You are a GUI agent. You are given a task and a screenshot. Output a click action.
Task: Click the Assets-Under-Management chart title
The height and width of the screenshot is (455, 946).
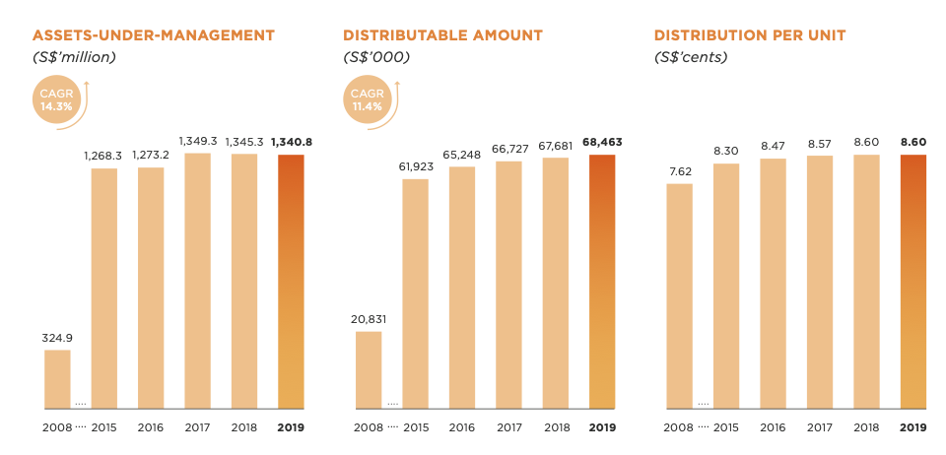click(154, 35)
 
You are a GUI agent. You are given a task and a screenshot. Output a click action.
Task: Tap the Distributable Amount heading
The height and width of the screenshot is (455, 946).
click(442, 35)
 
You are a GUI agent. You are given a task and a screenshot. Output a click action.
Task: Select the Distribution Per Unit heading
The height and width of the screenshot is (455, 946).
click(750, 35)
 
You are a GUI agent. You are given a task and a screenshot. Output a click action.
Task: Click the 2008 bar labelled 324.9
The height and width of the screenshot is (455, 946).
click(57, 379)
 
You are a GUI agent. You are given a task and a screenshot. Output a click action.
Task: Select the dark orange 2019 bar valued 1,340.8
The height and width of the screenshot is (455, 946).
click(291, 281)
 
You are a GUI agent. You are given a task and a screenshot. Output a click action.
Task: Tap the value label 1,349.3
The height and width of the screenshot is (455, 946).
click(197, 141)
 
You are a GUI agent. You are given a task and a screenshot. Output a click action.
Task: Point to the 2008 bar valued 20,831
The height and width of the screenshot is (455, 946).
click(368, 369)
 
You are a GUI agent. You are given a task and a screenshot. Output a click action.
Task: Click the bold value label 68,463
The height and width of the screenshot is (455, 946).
click(602, 142)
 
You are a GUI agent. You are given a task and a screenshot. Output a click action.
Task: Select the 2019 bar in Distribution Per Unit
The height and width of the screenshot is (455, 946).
click(913, 281)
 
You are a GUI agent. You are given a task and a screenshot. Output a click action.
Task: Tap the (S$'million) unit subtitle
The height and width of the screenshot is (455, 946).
click(75, 57)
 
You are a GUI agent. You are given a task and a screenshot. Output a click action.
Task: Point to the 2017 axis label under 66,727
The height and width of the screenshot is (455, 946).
click(508, 427)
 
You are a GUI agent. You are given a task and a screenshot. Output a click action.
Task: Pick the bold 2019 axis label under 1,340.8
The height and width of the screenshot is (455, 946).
click(291, 427)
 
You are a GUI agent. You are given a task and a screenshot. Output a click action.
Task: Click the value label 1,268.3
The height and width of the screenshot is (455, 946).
click(103, 156)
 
